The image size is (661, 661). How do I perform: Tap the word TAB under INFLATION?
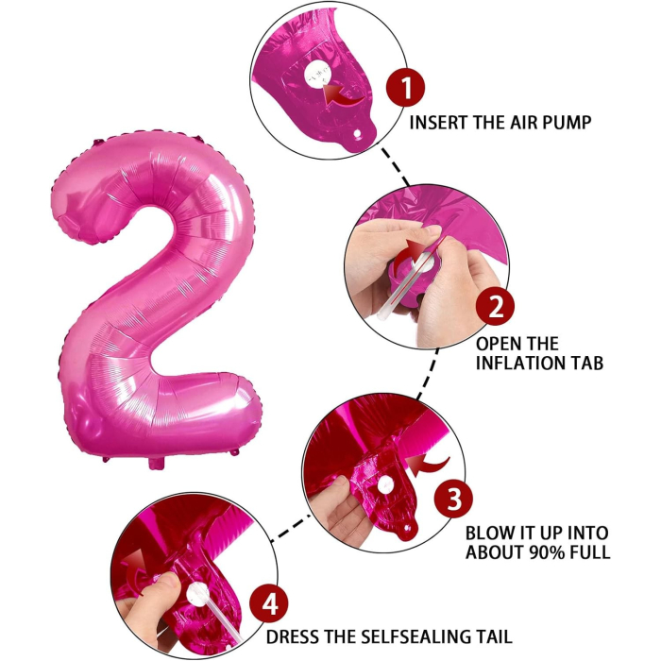pyautogui.click(x=585, y=363)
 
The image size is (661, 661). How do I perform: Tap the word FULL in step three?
pyautogui.click(x=590, y=552)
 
